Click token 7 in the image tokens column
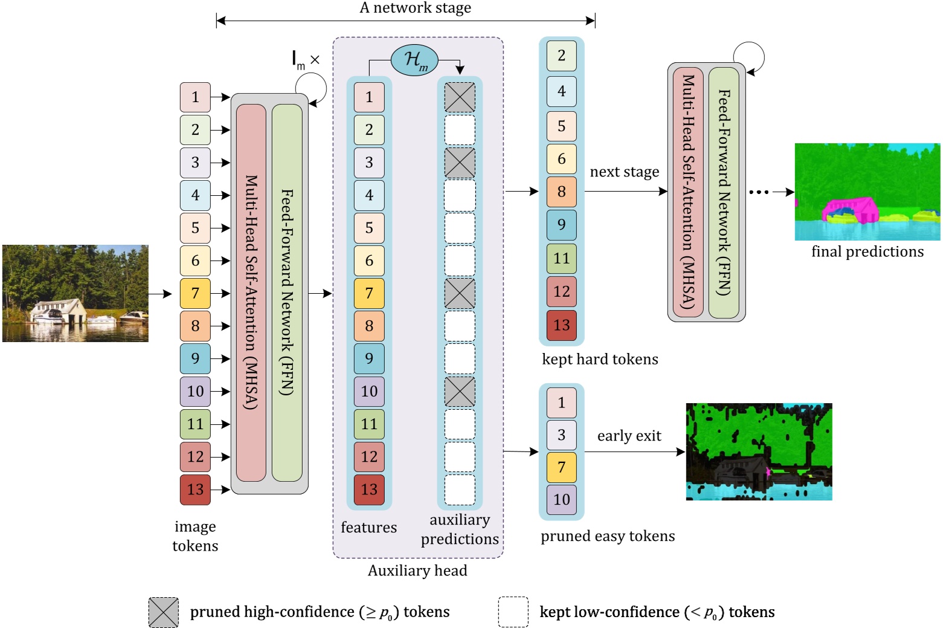[195, 293]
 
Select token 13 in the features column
[369, 489]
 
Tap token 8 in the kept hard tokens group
[561, 192]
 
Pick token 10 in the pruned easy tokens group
[561, 499]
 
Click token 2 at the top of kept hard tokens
[561, 56]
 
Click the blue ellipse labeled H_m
[414, 60]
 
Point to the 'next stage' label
[624, 172]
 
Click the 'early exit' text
[629, 436]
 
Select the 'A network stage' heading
[415, 8]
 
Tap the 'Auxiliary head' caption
[417, 571]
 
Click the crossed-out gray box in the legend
[164, 612]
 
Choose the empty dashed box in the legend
[513, 612]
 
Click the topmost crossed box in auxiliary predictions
[460, 97]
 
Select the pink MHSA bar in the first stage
[251, 293]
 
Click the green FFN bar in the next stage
[724, 192]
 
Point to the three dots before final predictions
[759, 192]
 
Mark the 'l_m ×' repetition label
[306, 60]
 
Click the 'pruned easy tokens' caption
[608, 536]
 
